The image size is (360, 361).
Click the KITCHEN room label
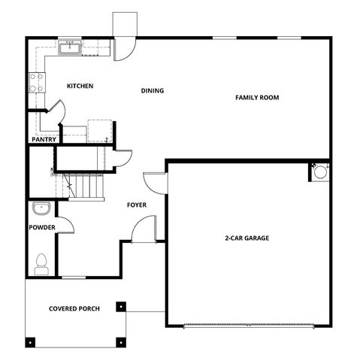click(80, 86)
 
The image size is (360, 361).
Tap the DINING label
click(153, 91)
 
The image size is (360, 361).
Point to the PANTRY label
click(43, 139)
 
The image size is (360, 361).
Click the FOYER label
click(137, 205)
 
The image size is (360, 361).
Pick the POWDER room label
click(42, 227)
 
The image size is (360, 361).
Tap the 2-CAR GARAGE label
click(247, 238)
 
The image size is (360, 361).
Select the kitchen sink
click(71, 47)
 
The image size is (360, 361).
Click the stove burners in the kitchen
click(35, 82)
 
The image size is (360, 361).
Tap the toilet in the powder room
click(41, 262)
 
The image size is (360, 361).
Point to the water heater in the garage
click(320, 172)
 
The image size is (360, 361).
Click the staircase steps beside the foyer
click(86, 186)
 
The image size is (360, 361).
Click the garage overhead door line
click(248, 326)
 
